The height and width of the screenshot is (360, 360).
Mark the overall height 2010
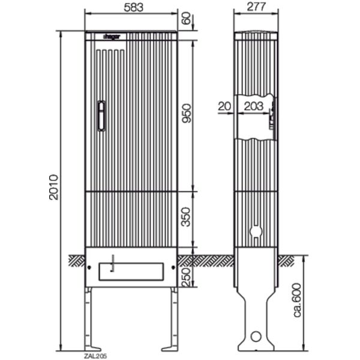click(x=53, y=187)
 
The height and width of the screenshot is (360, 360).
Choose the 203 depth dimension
click(x=253, y=106)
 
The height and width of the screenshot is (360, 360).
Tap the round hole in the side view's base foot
click(x=256, y=337)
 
